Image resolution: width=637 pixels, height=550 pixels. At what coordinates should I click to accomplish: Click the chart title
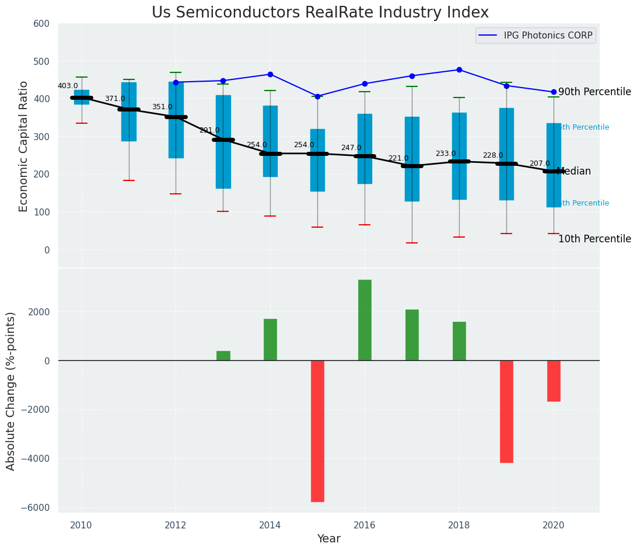pyautogui.click(x=320, y=13)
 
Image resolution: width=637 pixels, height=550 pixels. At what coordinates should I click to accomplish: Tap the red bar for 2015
pyautogui.click(x=317, y=431)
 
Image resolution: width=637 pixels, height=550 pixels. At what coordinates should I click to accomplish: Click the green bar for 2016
pyautogui.click(x=365, y=320)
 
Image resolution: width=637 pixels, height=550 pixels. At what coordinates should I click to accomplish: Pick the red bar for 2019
pyautogui.click(x=506, y=411)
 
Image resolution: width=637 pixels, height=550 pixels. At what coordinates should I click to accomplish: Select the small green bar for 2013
pyautogui.click(x=223, y=356)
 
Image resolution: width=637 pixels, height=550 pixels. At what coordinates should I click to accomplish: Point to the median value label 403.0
pyautogui.click(x=68, y=86)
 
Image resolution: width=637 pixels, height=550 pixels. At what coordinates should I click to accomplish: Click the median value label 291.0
pyautogui.click(x=209, y=130)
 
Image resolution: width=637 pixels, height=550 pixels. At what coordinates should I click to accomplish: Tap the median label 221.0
pyautogui.click(x=398, y=158)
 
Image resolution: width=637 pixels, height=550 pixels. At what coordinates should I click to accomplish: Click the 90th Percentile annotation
pyautogui.click(x=594, y=92)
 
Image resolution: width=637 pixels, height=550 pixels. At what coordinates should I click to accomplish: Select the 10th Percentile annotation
pyautogui.click(x=594, y=239)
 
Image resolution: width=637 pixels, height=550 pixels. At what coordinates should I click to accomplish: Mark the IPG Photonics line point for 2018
pyautogui.click(x=459, y=69)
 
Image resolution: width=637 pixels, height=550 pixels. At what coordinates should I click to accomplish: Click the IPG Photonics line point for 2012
pyautogui.click(x=176, y=82)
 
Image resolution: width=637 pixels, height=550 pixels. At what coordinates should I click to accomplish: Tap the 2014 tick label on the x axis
pyautogui.click(x=270, y=525)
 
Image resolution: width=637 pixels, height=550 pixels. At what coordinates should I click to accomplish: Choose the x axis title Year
pyautogui.click(x=328, y=539)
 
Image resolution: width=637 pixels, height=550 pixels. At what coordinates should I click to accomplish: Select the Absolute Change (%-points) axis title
pyautogui.click(x=11, y=391)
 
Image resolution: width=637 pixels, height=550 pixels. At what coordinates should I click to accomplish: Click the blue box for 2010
pyautogui.click(x=82, y=97)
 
